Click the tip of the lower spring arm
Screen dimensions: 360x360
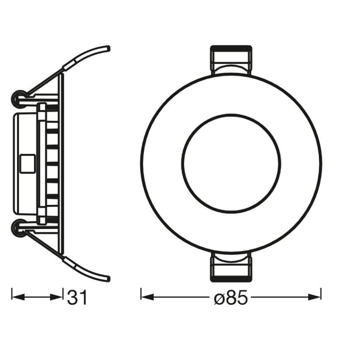109,278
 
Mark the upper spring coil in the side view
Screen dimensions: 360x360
19,98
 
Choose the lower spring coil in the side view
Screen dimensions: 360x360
19,226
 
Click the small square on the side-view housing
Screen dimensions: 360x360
27,163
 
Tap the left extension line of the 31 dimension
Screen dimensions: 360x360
12,294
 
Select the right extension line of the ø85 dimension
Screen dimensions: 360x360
321,294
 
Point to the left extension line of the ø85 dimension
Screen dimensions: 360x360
141,294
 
